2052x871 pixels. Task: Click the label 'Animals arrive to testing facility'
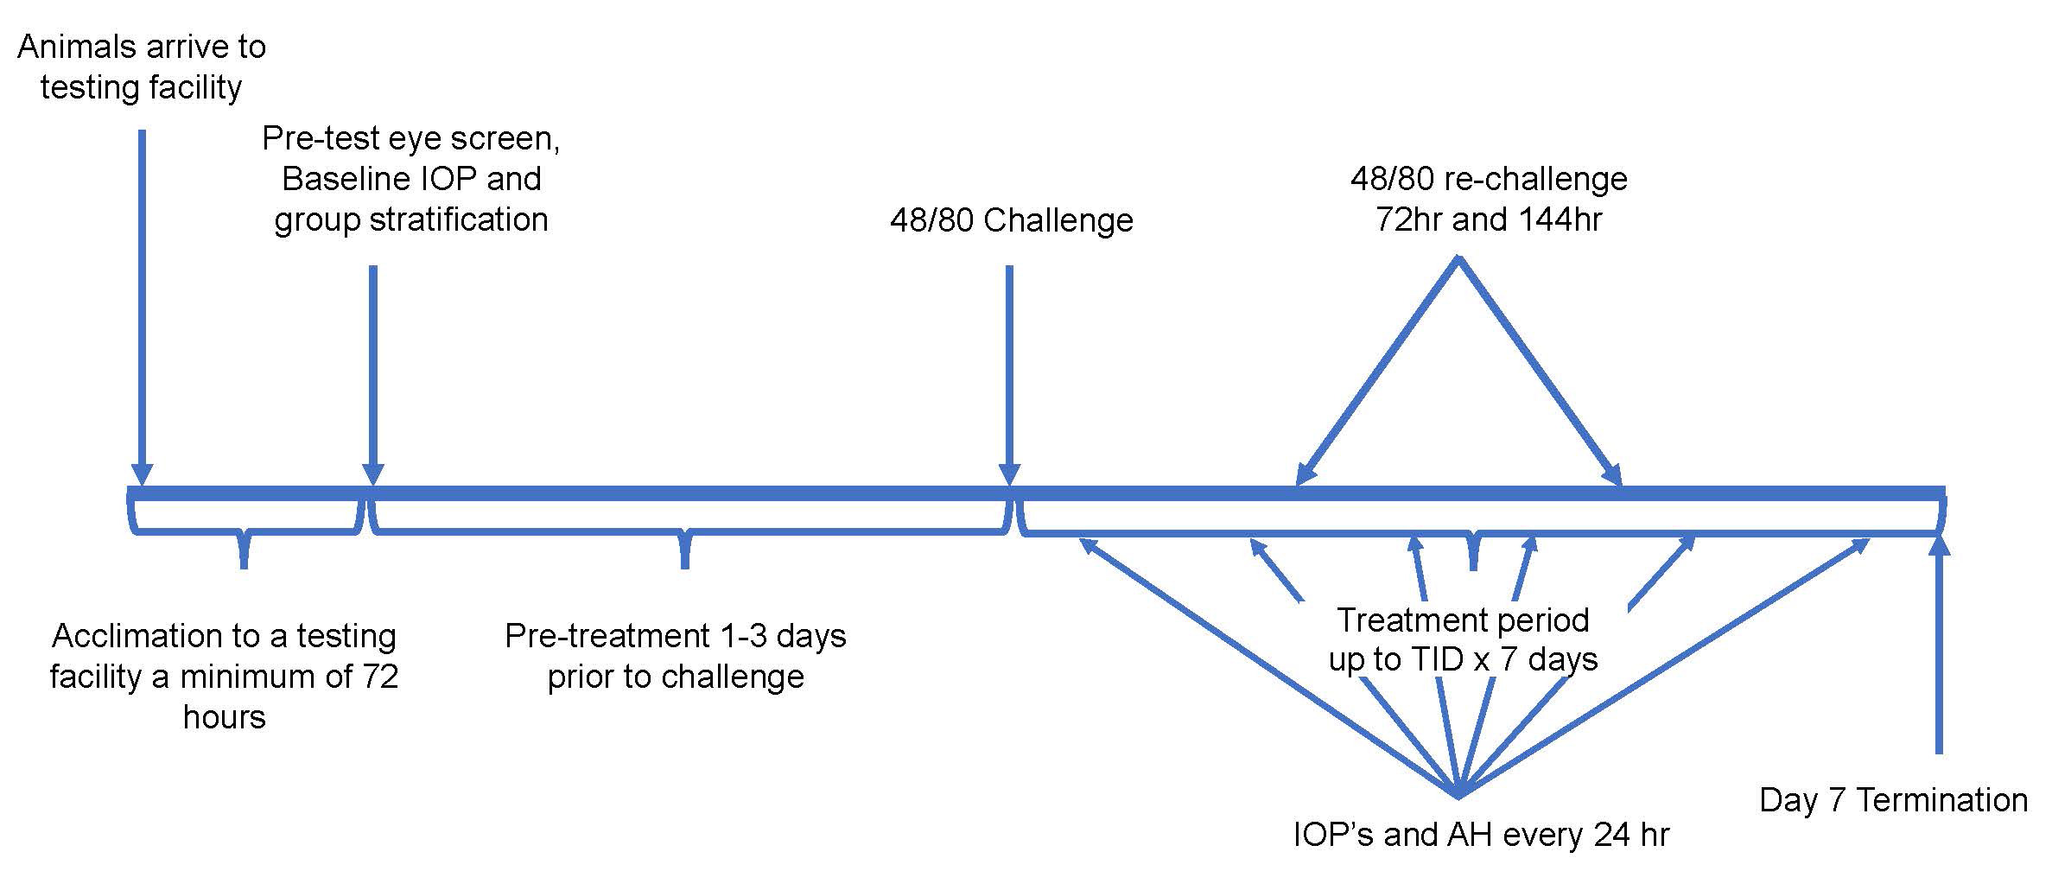click(142, 67)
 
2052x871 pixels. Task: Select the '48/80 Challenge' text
click(1011, 220)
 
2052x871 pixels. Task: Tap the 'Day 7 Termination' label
click(1893, 800)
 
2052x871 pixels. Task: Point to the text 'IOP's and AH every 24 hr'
click(1481, 835)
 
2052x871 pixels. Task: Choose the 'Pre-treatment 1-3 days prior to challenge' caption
click(676, 656)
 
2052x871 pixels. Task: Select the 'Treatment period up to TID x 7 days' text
click(1463, 640)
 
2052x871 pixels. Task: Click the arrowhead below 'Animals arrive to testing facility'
click(143, 475)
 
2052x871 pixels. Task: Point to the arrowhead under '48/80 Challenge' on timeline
click(1009, 475)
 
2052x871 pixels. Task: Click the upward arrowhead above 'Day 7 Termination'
click(1940, 547)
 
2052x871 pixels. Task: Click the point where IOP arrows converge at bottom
click(1458, 793)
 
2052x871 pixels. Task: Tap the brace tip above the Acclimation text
click(245, 562)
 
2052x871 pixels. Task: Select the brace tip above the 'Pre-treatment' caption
click(685, 562)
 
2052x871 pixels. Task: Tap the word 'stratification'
click(459, 219)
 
